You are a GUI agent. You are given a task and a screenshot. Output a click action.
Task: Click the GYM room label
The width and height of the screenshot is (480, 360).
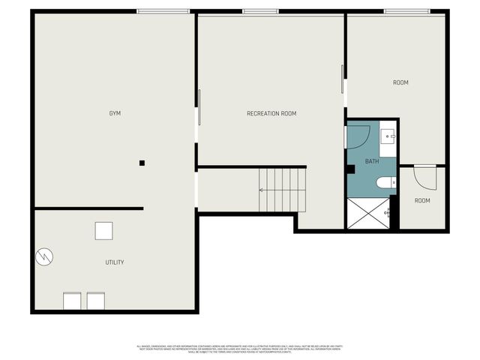(115, 113)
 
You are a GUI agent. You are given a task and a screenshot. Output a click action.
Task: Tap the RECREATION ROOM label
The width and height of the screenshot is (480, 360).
(271, 113)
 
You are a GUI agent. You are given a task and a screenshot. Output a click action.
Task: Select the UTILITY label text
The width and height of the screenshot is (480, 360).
(115, 262)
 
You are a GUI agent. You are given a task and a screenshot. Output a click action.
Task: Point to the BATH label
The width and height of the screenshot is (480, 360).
(372, 161)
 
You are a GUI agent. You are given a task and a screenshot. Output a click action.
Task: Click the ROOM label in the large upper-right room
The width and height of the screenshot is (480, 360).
(400, 82)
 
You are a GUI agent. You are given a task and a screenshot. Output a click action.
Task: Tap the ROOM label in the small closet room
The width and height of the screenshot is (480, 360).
(422, 200)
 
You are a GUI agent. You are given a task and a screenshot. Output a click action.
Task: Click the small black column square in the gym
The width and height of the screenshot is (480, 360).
(142, 163)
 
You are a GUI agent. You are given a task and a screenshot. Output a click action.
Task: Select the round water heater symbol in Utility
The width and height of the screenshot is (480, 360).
(44, 256)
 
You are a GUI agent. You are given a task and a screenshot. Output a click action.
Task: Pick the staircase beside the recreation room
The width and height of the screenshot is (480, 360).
(283, 190)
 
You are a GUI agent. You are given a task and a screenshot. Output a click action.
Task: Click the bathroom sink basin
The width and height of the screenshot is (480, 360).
(388, 135)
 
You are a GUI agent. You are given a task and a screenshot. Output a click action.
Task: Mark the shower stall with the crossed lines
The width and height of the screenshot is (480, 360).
(368, 212)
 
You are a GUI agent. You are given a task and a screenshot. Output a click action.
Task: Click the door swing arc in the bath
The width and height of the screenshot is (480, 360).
(358, 137)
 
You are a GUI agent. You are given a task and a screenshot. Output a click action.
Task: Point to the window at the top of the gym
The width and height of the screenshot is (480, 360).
(163, 11)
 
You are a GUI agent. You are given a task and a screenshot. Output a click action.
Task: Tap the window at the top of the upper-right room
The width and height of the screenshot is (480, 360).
(406, 11)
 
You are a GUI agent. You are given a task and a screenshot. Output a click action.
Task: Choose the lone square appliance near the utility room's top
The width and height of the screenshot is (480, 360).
(104, 230)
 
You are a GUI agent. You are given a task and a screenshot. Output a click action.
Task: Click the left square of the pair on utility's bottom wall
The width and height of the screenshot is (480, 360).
(73, 301)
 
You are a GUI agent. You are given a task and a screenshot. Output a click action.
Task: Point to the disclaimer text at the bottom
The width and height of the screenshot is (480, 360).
(240, 348)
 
